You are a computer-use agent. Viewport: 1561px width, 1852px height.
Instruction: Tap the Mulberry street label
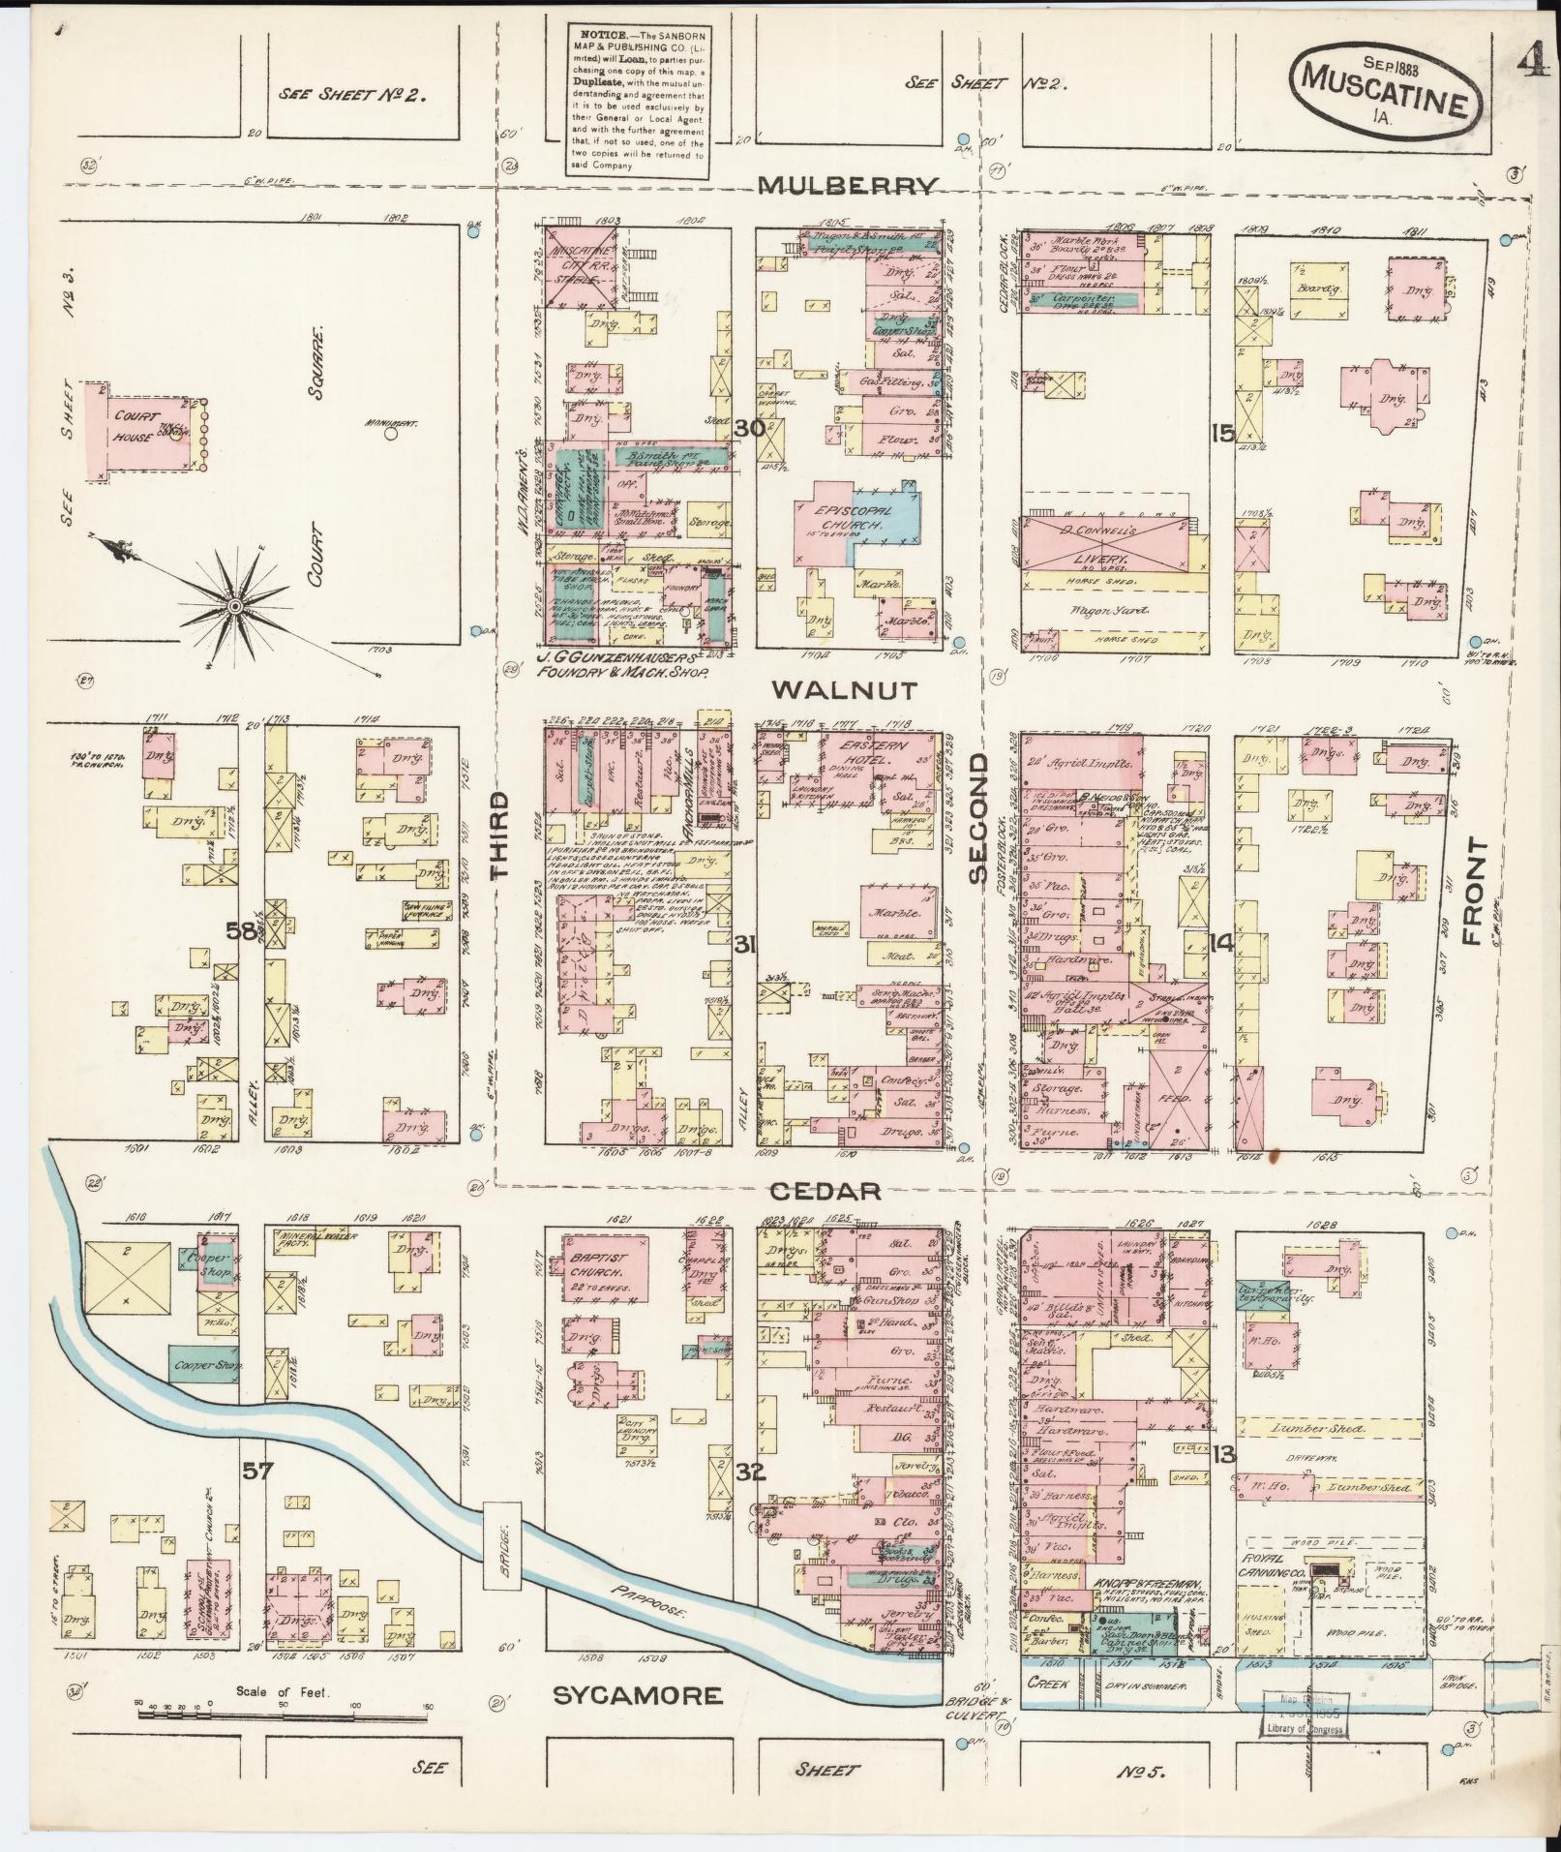coord(850,186)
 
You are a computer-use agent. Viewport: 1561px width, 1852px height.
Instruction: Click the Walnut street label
coord(845,689)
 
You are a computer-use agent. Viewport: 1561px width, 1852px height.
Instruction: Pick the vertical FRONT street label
coord(1474,892)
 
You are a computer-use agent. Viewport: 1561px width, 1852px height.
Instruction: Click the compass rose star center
coord(234,606)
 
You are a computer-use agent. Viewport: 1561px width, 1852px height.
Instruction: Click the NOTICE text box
coord(636,96)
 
